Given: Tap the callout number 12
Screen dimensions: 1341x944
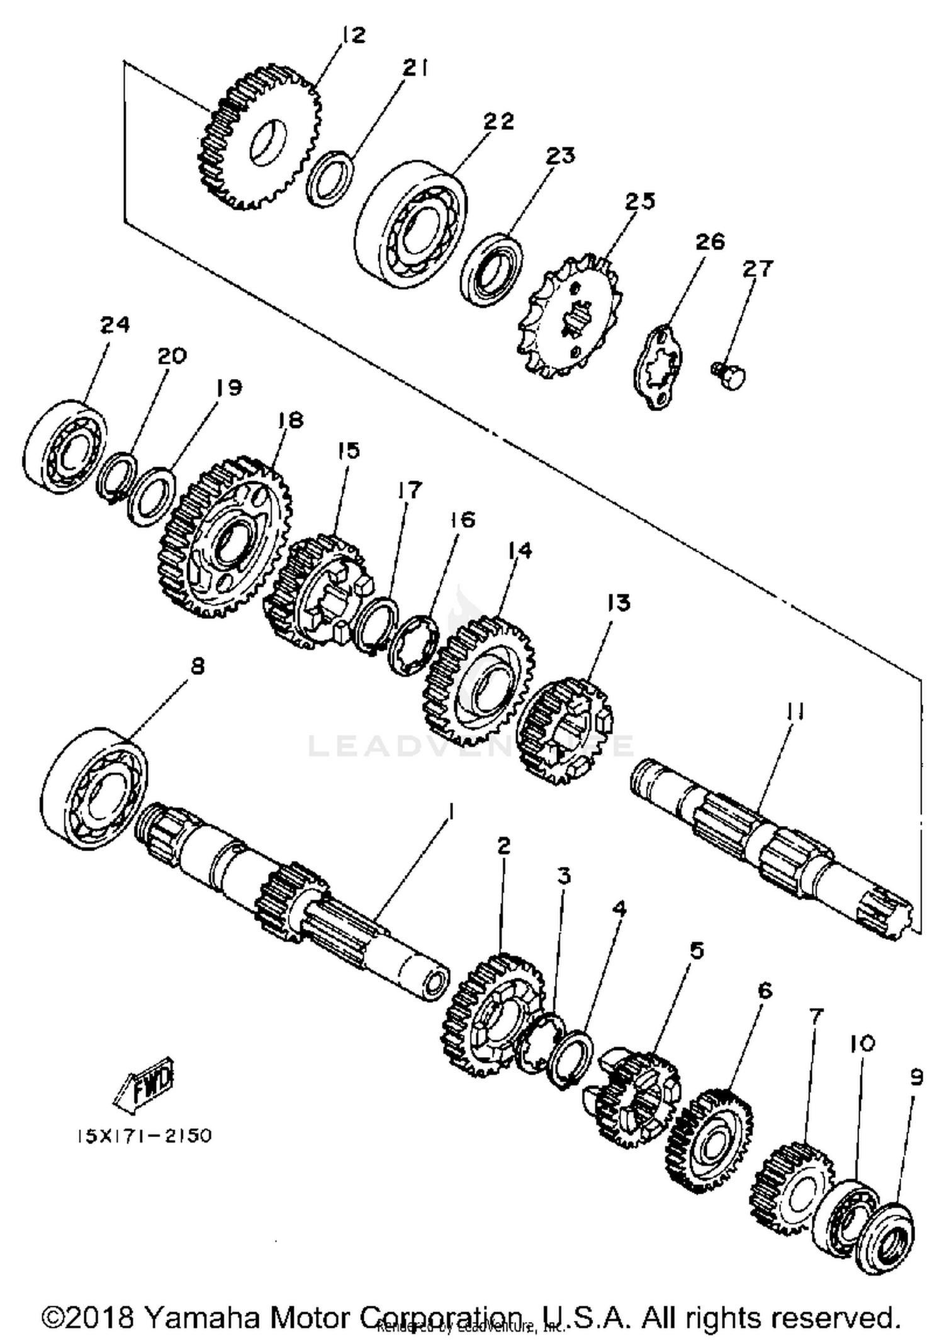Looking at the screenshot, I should [x=354, y=35].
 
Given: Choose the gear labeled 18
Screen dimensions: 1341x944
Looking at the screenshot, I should [x=223, y=538].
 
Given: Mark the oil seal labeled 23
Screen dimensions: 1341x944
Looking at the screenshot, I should [x=491, y=269].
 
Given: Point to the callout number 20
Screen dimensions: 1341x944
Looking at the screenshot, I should [x=172, y=356].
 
